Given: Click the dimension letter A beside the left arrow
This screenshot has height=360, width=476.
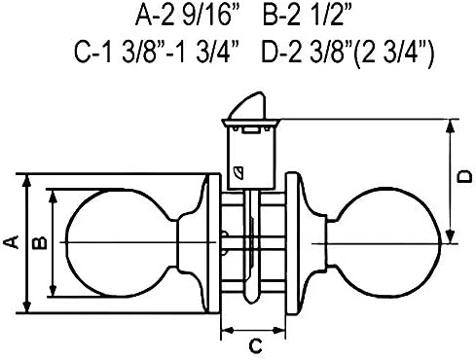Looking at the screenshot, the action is pos(11,242).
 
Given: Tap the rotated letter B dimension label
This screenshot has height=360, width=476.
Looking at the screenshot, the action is pos(40,242).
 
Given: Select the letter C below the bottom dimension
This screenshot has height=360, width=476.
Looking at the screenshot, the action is pos(255,345).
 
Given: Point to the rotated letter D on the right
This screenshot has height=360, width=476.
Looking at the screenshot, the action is pos(465,176).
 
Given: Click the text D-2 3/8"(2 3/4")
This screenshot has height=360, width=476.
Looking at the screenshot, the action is pos(348,53).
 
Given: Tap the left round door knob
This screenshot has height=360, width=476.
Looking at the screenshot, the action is pos(120,243).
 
